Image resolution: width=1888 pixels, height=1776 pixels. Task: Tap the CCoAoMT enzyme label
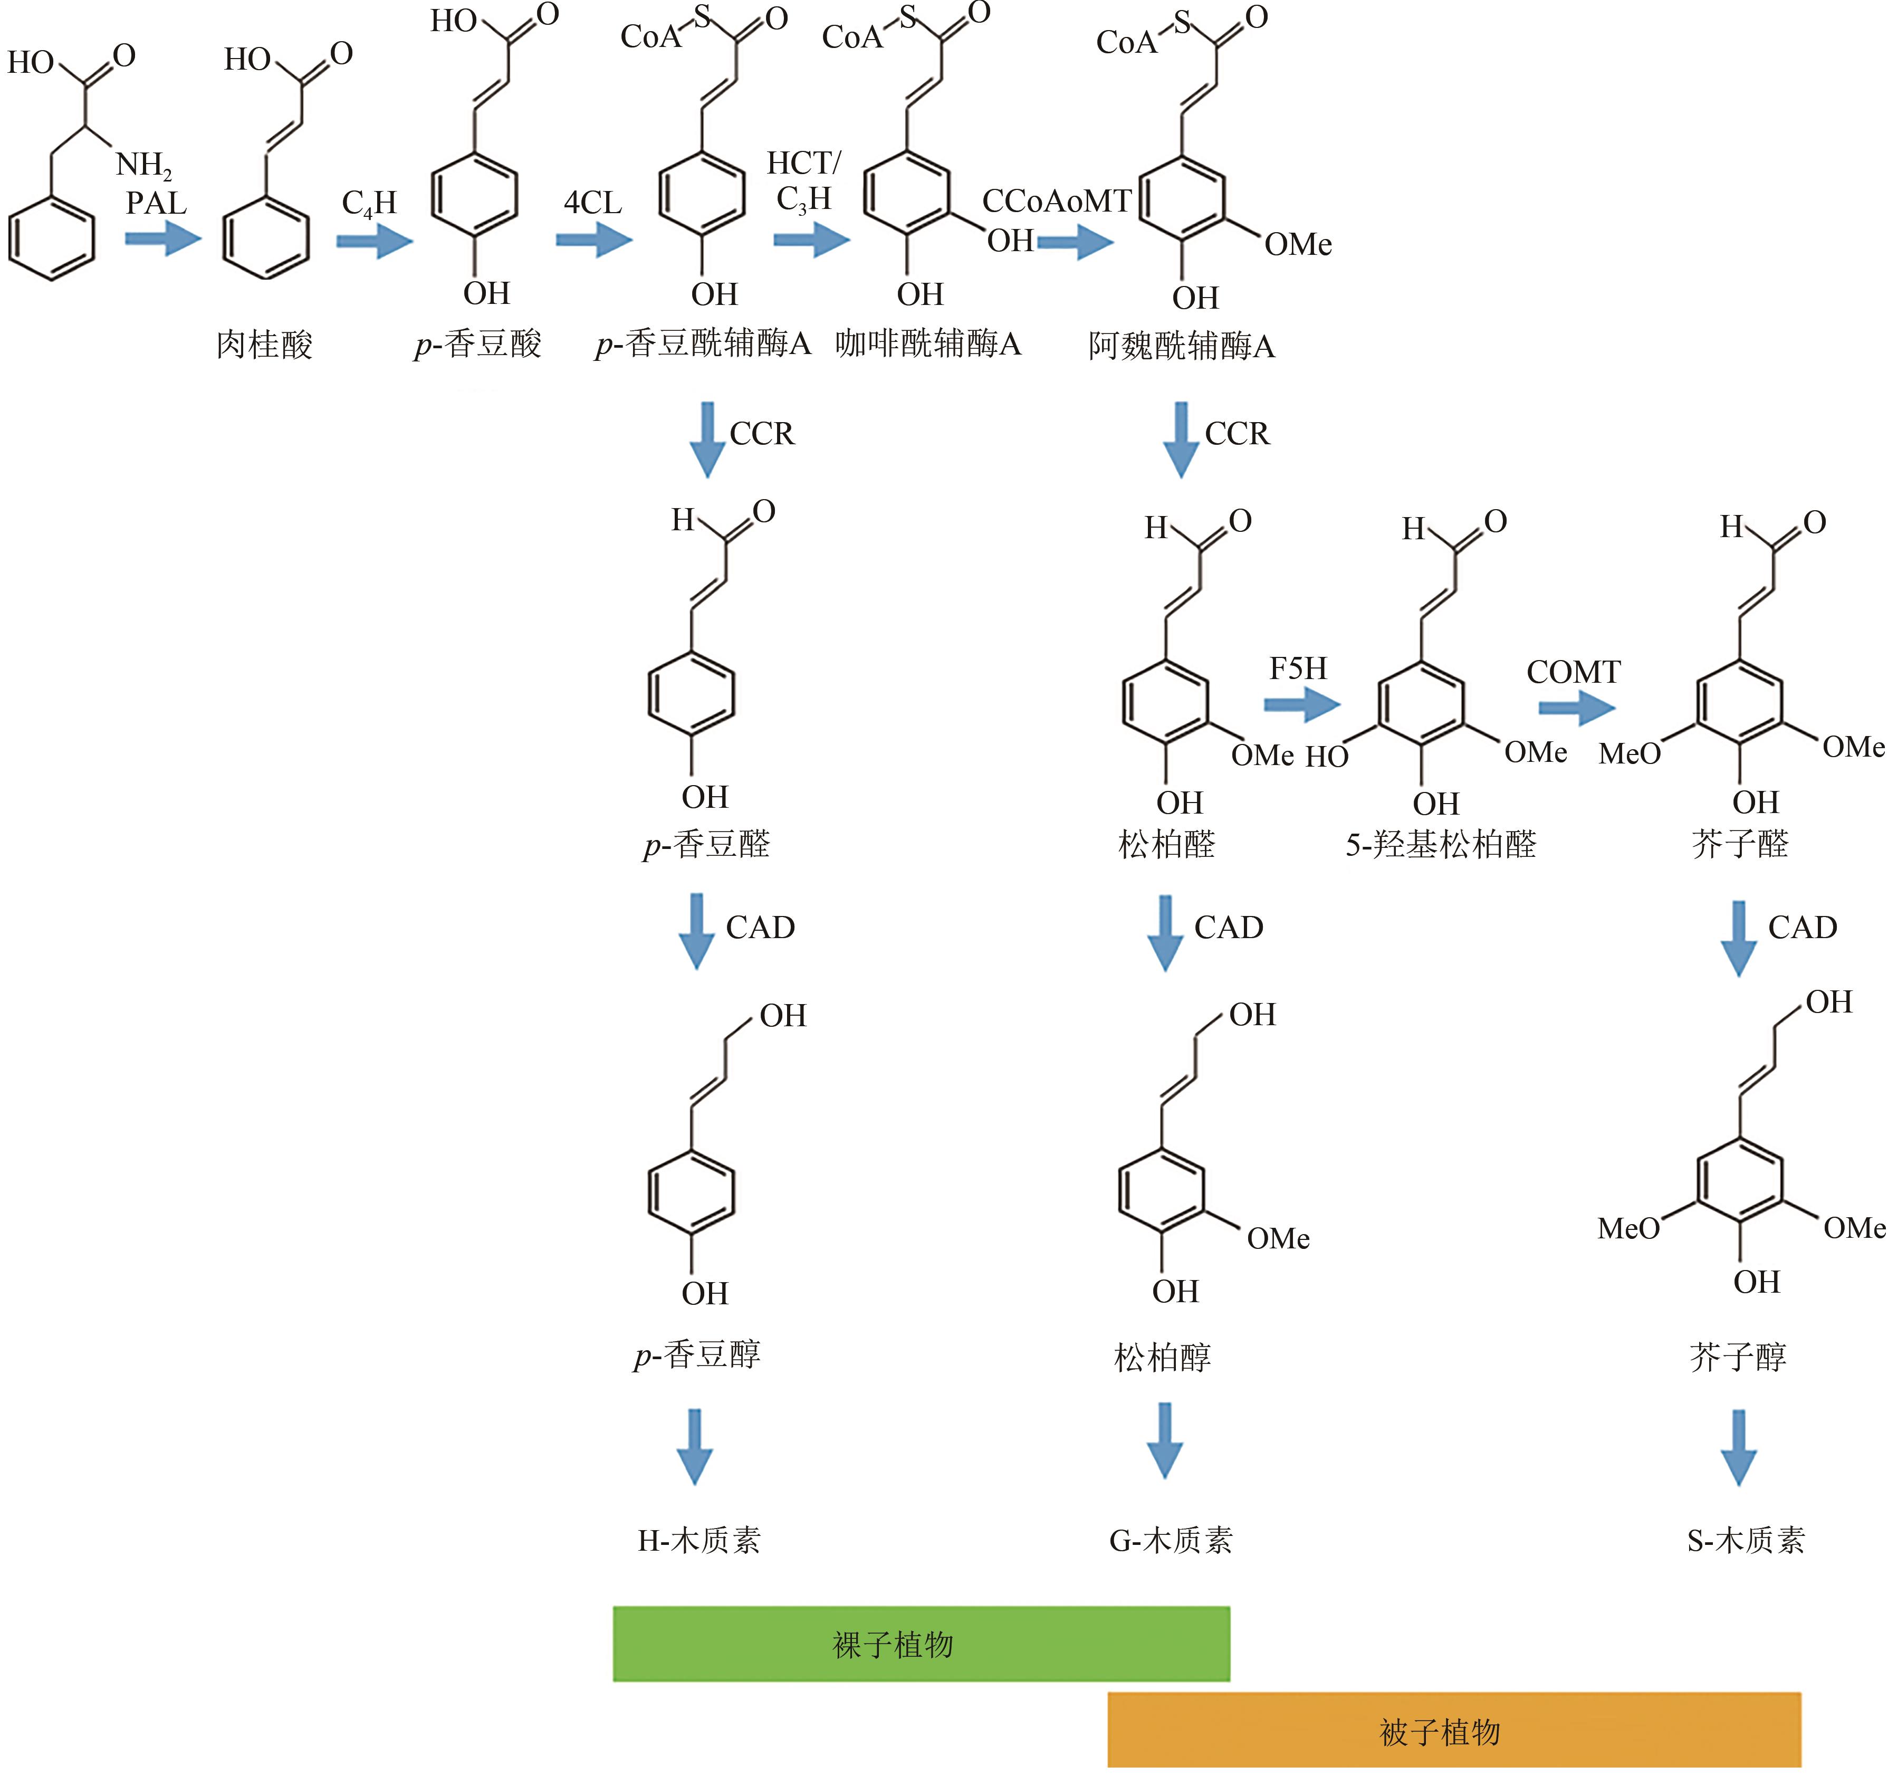click(1056, 202)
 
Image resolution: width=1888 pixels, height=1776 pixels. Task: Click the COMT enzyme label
click(1573, 672)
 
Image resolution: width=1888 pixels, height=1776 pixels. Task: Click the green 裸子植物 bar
click(921, 1644)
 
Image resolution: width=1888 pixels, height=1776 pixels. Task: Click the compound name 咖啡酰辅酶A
click(928, 344)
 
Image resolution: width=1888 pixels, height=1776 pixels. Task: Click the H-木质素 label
click(699, 1541)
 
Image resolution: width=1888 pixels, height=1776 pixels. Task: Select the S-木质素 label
click(1746, 1541)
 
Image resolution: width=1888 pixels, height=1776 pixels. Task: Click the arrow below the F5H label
click(1301, 705)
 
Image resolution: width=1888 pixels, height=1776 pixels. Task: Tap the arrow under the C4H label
click(374, 240)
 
